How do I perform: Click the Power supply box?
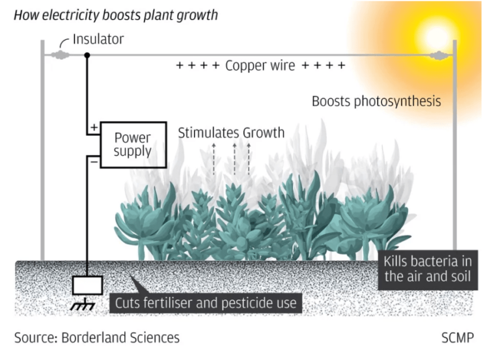132,144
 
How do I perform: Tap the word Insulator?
98,40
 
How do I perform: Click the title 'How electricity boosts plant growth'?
116,15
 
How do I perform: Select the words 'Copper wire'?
260,66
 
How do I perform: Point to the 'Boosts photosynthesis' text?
376,102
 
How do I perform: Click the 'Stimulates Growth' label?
231,133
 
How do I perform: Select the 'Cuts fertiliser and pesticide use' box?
205,303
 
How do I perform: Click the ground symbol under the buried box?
83,305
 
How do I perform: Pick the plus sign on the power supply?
94,128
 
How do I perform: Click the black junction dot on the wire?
87,56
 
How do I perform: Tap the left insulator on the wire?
60,56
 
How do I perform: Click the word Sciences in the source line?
154,337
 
